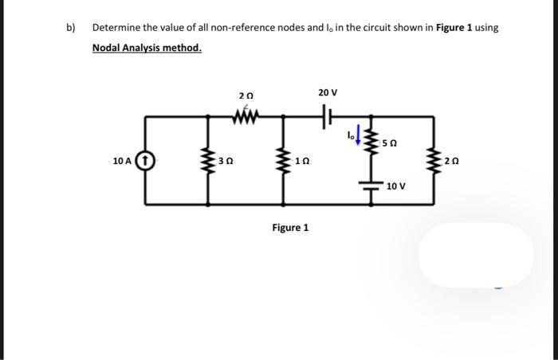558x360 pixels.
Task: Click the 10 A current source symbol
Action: [x=146, y=161]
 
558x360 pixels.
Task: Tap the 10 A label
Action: [x=123, y=161]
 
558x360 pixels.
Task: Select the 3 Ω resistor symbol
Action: [x=210, y=160]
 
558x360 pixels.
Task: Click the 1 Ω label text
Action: [x=300, y=161]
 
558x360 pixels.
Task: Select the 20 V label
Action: [x=327, y=93]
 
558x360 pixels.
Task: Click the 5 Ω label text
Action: [x=388, y=144]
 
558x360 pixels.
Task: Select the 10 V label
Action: [x=396, y=186]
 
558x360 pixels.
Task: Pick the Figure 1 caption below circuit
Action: [x=290, y=228]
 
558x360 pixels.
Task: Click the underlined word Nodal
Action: [x=109, y=48]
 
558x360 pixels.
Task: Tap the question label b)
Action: [x=70, y=27]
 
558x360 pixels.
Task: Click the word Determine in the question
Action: [x=116, y=27]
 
